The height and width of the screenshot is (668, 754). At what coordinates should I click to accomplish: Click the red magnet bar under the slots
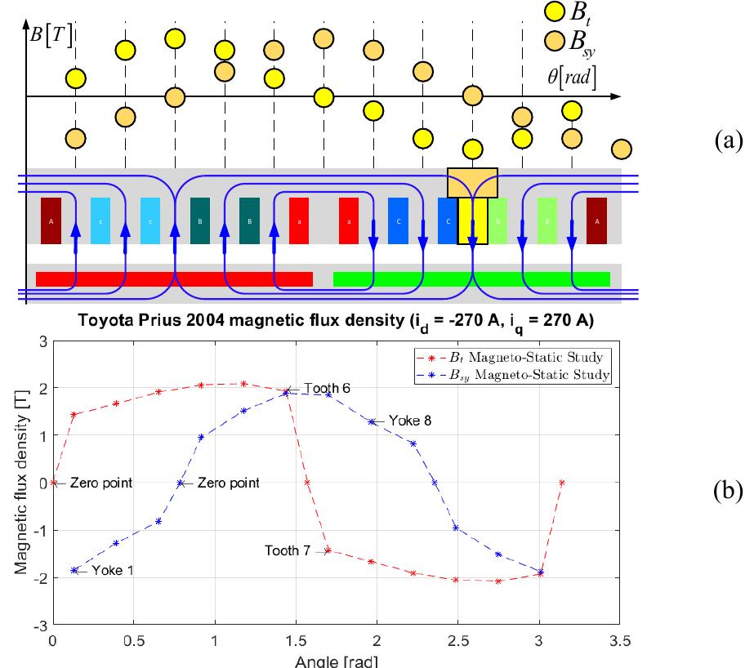pos(174,279)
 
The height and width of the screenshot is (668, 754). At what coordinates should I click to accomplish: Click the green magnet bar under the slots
pos(471,279)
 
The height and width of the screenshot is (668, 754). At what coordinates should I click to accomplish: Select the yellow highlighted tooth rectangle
pos(472,220)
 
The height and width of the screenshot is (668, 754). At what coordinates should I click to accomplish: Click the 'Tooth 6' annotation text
pos(327,388)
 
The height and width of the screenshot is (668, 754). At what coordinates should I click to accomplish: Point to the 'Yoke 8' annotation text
pos(412,421)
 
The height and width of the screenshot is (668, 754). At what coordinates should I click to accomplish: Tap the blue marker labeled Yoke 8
pos(373,421)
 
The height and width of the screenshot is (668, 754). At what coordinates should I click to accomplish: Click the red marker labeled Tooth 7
pos(328,550)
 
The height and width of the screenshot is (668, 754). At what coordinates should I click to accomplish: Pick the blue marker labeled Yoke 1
pos(74,570)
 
